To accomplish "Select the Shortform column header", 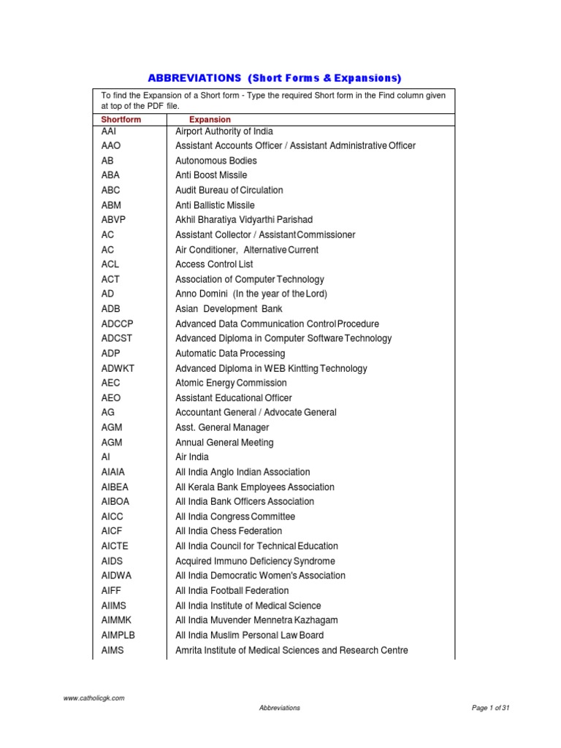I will point(121,119).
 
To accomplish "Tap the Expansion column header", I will point(210,119).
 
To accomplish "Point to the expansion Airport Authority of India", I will point(224,131).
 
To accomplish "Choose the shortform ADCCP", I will point(118,324).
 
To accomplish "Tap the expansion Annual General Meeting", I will point(224,442).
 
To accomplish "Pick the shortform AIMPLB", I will point(118,635).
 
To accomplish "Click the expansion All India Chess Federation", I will point(229,531).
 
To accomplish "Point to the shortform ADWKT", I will point(118,368).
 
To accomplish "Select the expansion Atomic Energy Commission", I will point(231,383).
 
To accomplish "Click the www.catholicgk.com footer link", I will point(93,698).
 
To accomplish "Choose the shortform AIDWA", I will point(117,576).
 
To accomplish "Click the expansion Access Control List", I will point(214,264).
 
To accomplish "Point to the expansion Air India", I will point(192,457).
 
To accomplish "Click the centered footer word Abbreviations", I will point(280,708).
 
